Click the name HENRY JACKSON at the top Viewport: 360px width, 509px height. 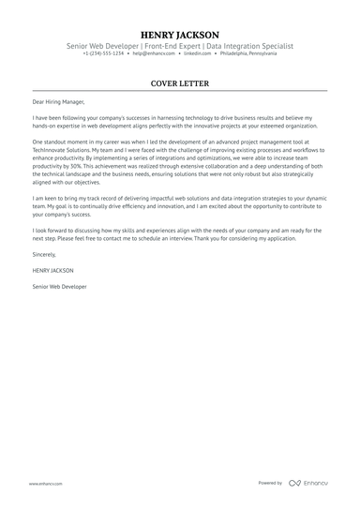(180, 32)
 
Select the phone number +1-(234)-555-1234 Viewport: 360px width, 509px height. (103, 53)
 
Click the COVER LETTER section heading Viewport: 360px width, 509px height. (180, 83)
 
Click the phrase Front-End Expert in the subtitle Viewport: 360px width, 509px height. (181, 44)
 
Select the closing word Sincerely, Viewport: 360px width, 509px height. (44, 253)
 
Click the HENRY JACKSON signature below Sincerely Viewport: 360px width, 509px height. (51, 268)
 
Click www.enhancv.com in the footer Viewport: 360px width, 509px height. (45, 483)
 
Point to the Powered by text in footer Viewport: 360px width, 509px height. (270, 483)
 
